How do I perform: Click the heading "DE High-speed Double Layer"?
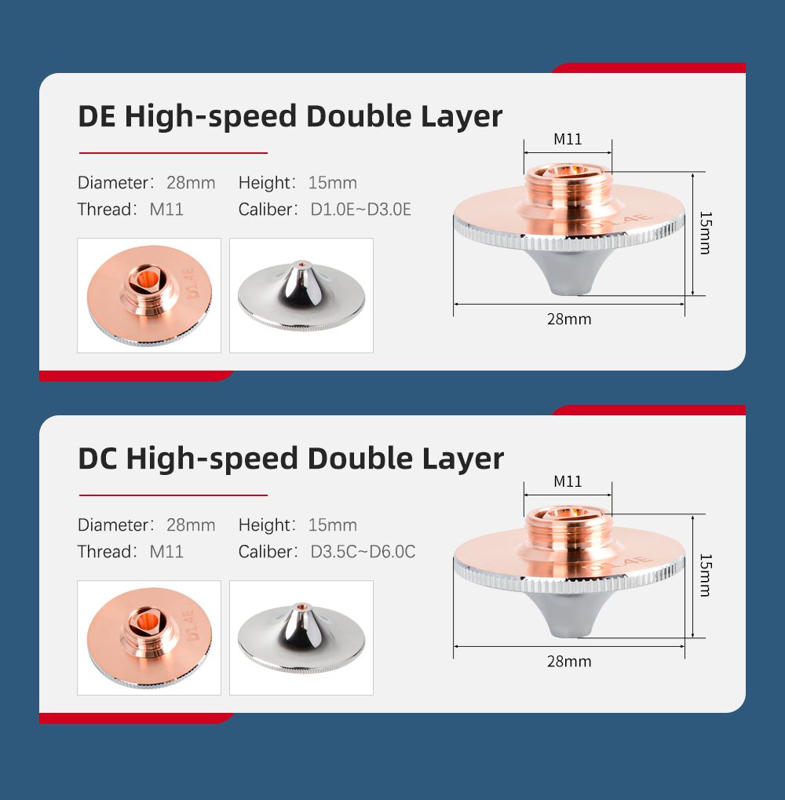coord(290,117)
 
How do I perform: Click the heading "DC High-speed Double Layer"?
coord(290,459)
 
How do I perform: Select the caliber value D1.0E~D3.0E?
coord(360,210)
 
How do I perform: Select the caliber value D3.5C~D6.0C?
coord(363,552)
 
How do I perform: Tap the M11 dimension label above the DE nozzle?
coord(568,139)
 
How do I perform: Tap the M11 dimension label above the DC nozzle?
coord(568,481)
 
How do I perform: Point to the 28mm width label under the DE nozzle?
coord(569,320)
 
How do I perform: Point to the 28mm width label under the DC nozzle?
coord(569,662)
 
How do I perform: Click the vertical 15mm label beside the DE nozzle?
coord(706,232)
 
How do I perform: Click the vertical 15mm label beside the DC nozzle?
coord(706,575)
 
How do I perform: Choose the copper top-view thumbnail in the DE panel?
coord(149,295)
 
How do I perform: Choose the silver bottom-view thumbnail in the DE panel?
coord(301,295)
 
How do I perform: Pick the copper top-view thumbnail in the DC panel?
coord(149,637)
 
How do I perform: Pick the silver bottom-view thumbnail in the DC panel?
coord(301,637)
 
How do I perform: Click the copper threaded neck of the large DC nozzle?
coord(568,531)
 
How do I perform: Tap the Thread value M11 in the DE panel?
coord(166,210)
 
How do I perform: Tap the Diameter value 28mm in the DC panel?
coord(191,525)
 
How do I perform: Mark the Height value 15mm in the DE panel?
coord(333,183)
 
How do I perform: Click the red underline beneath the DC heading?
coord(173,495)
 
